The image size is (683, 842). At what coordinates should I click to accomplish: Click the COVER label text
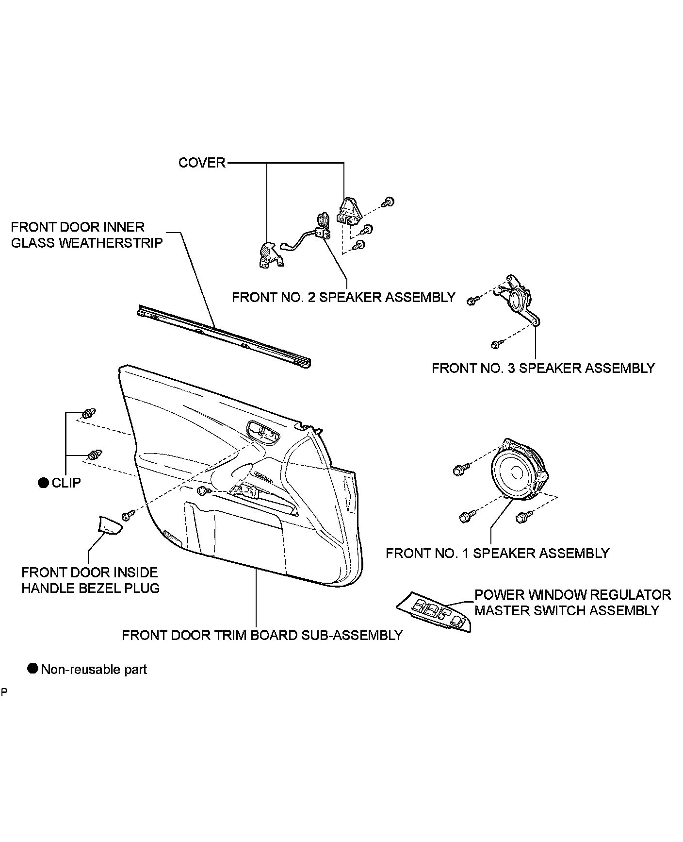coord(202,163)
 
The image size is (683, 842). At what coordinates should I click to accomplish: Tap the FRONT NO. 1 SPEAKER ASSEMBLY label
coord(497,553)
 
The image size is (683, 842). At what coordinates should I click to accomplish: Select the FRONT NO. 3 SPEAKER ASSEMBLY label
coord(543,368)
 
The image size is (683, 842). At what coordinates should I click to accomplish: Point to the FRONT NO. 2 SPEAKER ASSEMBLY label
coord(343,297)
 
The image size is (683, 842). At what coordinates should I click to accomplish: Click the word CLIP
coord(66,483)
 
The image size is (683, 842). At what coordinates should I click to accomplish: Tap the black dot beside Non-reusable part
coord(33,669)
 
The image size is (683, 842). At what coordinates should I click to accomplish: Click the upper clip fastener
coord(88,414)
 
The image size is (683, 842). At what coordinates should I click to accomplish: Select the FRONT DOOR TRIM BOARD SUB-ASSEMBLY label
coord(262,635)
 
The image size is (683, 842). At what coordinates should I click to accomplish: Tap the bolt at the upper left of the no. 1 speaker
coord(460,470)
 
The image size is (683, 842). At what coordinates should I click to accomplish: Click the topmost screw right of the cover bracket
coord(389,202)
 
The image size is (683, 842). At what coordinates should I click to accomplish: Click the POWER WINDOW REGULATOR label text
coord(572,595)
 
